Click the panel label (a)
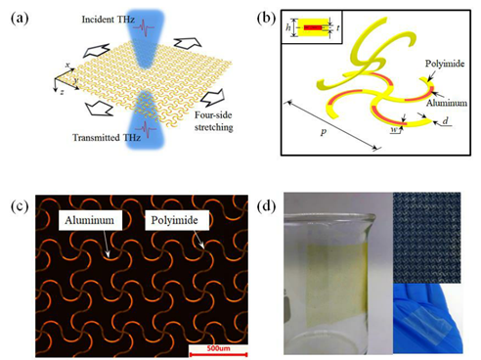20,19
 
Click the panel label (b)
266,19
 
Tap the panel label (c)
20,207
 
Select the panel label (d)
266,206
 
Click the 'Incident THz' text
109,20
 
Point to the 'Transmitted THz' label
107,138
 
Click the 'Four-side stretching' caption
214,121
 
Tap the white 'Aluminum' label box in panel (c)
89,220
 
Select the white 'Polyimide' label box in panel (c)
177,220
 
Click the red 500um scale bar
218,354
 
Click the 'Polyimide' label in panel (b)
445,64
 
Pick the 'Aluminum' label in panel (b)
447,103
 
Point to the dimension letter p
323,132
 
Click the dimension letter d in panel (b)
445,121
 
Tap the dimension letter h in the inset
288,27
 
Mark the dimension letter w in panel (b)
394,130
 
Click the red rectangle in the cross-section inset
313,27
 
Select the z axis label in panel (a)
62,92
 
